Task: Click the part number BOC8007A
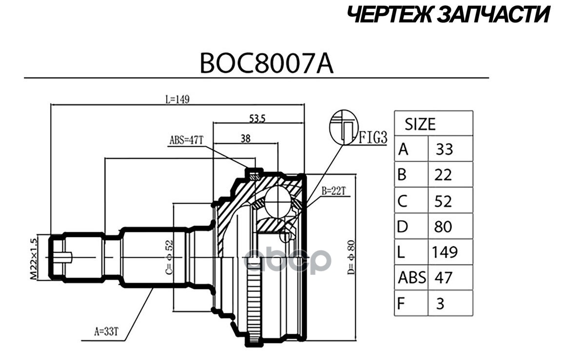click(x=267, y=64)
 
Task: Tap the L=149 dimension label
click(x=177, y=99)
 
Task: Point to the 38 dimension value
click(x=246, y=138)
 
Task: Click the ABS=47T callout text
click(x=186, y=140)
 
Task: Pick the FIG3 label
click(x=373, y=137)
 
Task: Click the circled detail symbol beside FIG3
click(x=344, y=128)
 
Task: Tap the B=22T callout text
click(x=333, y=191)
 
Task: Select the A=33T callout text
click(x=106, y=331)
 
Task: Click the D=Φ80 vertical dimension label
click(x=351, y=257)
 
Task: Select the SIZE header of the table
click(x=420, y=124)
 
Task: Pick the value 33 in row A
click(x=445, y=150)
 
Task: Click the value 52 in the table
click(x=443, y=201)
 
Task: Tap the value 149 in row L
click(x=445, y=252)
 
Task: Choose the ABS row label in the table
click(x=412, y=278)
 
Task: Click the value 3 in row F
click(x=440, y=303)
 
